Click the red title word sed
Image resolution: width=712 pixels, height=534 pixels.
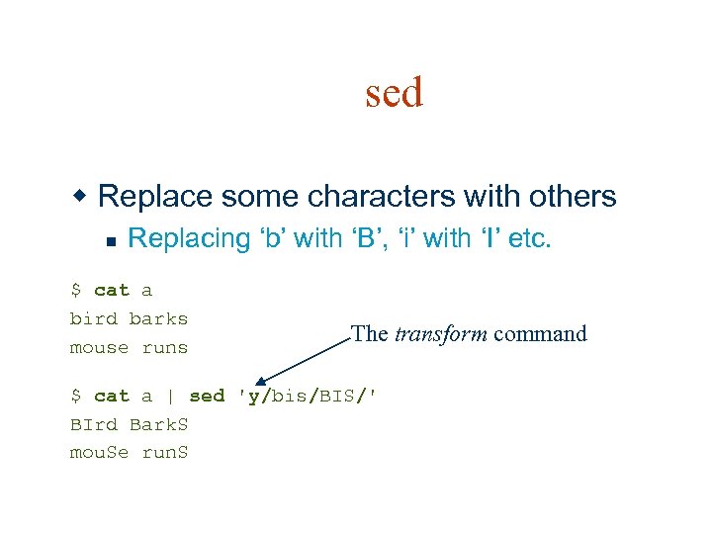pyautogui.click(x=394, y=93)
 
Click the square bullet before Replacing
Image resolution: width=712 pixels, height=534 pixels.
pyautogui.click(x=112, y=240)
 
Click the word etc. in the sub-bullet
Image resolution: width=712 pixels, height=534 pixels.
pyautogui.click(x=529, y=238)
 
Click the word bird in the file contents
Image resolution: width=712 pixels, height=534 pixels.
pyautogui.click(x=94, y=318)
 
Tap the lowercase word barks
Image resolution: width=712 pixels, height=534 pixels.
pyautogui.click(x=158, y=318)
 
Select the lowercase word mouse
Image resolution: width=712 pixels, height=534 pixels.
pyautogui.click(x=99, y=347)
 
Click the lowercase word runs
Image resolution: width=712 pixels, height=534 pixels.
pyautogui.click(x=164, y=347)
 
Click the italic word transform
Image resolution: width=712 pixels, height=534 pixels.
pyautogui.click(x=440, y=334)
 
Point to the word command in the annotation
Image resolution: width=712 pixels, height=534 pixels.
pyautogui.click(x=540, y=334)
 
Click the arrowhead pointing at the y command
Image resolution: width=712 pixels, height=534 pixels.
pyautogui.click(x=260, y=381)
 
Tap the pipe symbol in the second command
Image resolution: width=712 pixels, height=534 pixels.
pyautogui.click(x=170, y=396)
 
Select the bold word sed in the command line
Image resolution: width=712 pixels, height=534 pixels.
pyautogui.click(x=207, y=396)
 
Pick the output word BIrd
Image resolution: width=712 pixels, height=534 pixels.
pyautogui.click(x=94, y=424)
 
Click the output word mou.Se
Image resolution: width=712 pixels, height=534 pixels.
pyautogui.click(x=99, y=453)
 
